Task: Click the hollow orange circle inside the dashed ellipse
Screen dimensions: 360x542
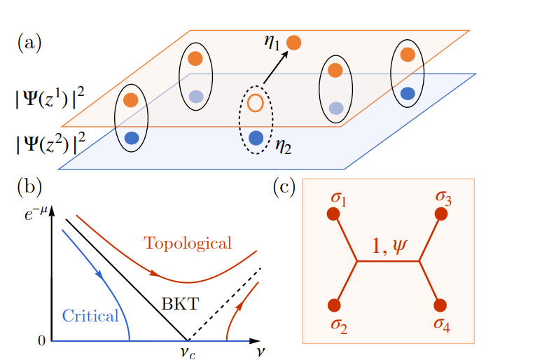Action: [x=256, y=103]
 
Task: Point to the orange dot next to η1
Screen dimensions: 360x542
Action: [x=294, y=43]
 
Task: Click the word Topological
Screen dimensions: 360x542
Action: [x=187, y=243]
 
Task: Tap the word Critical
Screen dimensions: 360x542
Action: [x=90, y=316]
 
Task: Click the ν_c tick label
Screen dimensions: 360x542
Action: [x=185, y=352]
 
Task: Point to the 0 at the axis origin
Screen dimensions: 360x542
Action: [x=41, y=341]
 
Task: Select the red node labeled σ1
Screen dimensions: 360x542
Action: [x=333, y=214]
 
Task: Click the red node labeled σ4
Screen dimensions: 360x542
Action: [x=440, y=305]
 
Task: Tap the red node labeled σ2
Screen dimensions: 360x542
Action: [x=334, y=305]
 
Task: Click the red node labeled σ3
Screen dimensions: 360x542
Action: [x=440, y=214]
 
